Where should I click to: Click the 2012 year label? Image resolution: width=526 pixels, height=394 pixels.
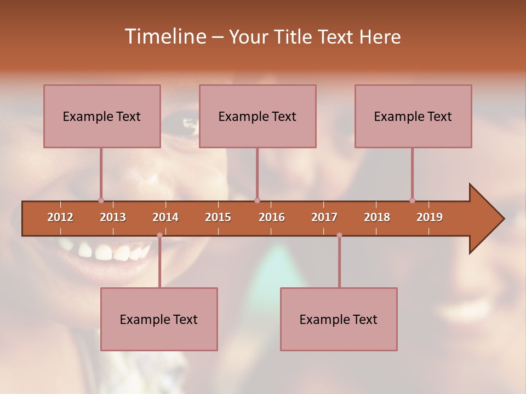click(x=60, y=217)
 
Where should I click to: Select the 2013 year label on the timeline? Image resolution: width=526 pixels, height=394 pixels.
click(x=113, y=217)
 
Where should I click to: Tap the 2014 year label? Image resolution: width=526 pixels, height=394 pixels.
click(x=165, y=217)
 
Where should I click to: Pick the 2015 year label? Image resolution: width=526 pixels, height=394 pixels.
click(x=218, y=217)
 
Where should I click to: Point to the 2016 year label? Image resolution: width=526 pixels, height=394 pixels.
click(x=272, y=217)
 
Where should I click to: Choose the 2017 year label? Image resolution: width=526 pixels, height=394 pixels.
click(x=324, y=217)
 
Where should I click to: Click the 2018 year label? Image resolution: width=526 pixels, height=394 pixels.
click(x=377, y=217)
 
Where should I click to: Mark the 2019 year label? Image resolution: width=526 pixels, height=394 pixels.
click(x=430, y=217)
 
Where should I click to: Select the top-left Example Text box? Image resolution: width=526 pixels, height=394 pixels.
click(x=102, y=116)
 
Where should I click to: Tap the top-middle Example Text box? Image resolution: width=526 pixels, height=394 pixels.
click(x=258, y=116)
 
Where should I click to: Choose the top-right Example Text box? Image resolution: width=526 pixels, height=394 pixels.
click(x=413, y=116)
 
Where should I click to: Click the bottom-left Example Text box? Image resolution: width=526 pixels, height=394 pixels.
click(x=159, y=319)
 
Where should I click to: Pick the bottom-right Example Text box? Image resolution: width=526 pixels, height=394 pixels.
click(x=339, y=319)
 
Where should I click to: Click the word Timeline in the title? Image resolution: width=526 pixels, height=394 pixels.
click(x=164, y=37)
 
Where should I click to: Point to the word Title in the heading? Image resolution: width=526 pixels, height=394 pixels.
click(x=296, y=37)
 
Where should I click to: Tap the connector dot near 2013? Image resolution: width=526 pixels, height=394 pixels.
click(x=101, y=200)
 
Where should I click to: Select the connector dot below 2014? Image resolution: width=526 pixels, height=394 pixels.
click(x=159, y=235)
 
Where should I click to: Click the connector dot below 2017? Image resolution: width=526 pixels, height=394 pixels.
click(x=339, y=235)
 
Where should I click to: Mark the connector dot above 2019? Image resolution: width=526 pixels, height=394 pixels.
click(x=412, y=200)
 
